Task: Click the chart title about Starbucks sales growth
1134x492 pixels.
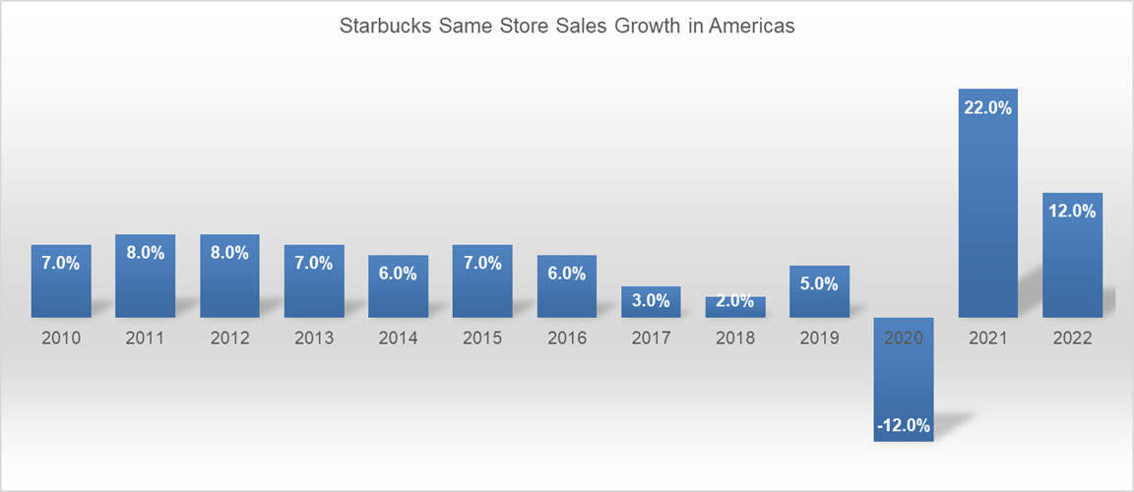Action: coord(567,28)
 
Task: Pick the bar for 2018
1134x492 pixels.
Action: coord(735,307)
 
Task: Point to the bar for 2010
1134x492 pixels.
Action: coord(61,285)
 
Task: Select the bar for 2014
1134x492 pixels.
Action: coord(399,290)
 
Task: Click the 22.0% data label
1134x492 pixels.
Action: coord(987,108)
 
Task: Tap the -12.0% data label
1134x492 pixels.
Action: coord(904,425)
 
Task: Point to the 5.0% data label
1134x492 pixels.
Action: coord(819,284)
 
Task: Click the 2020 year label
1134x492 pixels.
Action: coord(904,338)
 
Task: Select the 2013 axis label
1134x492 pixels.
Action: coord(314,338)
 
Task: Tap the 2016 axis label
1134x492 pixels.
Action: coord(567,338)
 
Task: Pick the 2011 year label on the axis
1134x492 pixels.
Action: coord(146,338)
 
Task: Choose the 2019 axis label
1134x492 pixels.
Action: coord(819,338)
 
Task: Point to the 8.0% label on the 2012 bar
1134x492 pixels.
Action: coord(229,253)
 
